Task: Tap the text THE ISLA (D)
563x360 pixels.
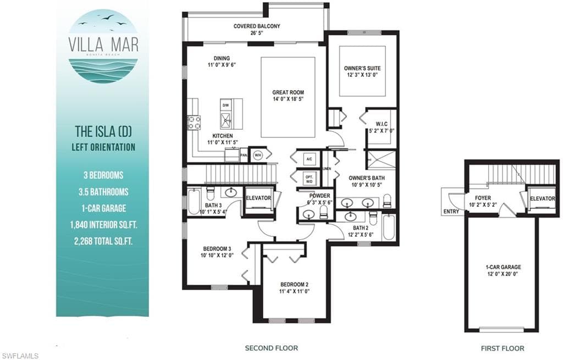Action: (x=103, y=132)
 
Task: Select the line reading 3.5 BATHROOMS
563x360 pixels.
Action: (x=103, y=192)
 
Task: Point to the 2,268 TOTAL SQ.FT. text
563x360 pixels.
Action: (x=103, y=240)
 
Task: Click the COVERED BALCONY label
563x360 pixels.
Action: (x=257, y=26)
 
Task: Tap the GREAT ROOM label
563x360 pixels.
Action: (x=288, y=92)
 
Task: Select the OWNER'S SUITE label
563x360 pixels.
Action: (x=362, y=68)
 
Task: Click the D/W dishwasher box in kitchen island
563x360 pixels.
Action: (x=225, y=104)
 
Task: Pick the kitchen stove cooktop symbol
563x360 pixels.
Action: (x=194, y=121)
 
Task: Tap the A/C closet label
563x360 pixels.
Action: (x=309, y=159)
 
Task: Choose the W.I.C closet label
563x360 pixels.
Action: (x=382, y=124)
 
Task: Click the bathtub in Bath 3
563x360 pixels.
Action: (x=194, y=202)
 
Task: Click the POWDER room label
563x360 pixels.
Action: (x=319, y=196)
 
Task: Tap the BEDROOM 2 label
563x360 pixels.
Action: (x=292, y=284)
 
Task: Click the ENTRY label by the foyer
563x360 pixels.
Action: (x=450, y=212)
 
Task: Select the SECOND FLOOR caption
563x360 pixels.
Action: (x=271, y=348)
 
